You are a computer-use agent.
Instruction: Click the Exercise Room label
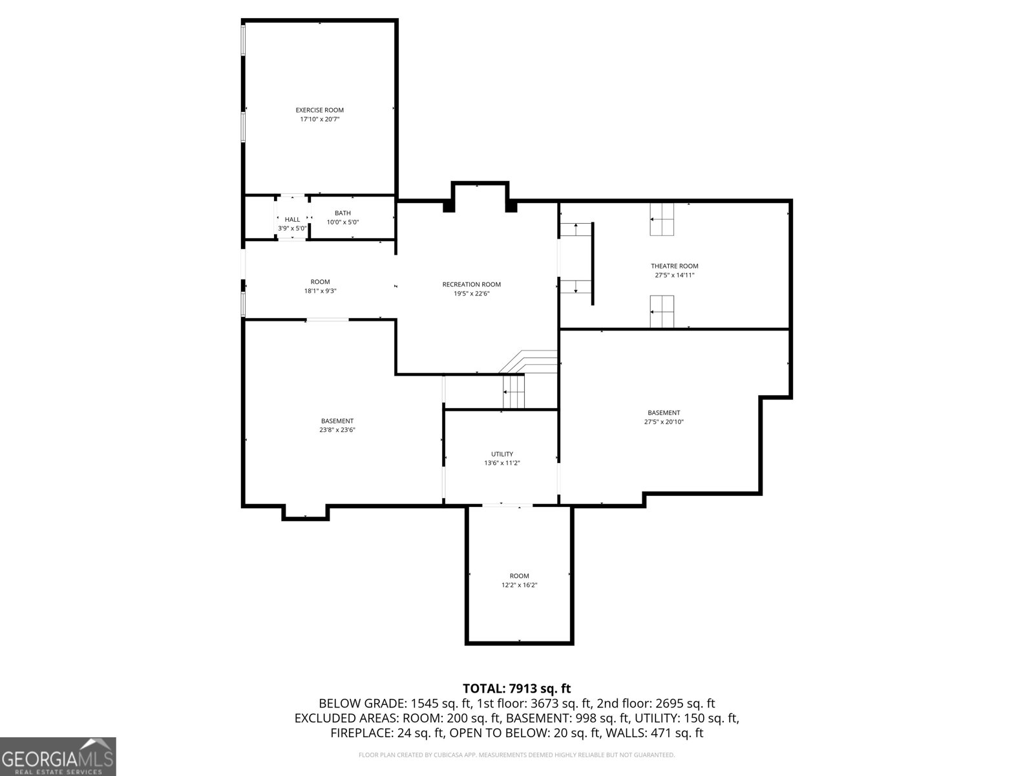(x=319, y=110)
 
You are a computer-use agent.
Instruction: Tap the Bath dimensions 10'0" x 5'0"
(x=343, y=222)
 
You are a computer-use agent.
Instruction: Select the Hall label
(x=292, y=219)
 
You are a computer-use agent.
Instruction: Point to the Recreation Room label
(x=471, y=285)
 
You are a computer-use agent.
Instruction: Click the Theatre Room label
(x=674, y=266)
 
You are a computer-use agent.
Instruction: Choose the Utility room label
(x=501, y=454)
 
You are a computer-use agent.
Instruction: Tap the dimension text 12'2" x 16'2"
(x=519, y=585)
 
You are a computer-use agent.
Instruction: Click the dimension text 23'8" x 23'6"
(x=337, y=430)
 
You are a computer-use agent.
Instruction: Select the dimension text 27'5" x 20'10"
(x=664, y=422)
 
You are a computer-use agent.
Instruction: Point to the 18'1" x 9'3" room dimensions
(x=320, y=291)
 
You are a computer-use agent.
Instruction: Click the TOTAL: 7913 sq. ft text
(x=516, y=689)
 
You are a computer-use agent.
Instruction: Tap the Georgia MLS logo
(x=58, y=756)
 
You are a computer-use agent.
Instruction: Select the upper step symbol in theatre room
(x=662, y=219)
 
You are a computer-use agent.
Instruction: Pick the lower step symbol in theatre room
(x=662, y=312)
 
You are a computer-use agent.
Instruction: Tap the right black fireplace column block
(x=511, y=207)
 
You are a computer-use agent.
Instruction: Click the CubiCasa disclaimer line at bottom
(x=516, y=755)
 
